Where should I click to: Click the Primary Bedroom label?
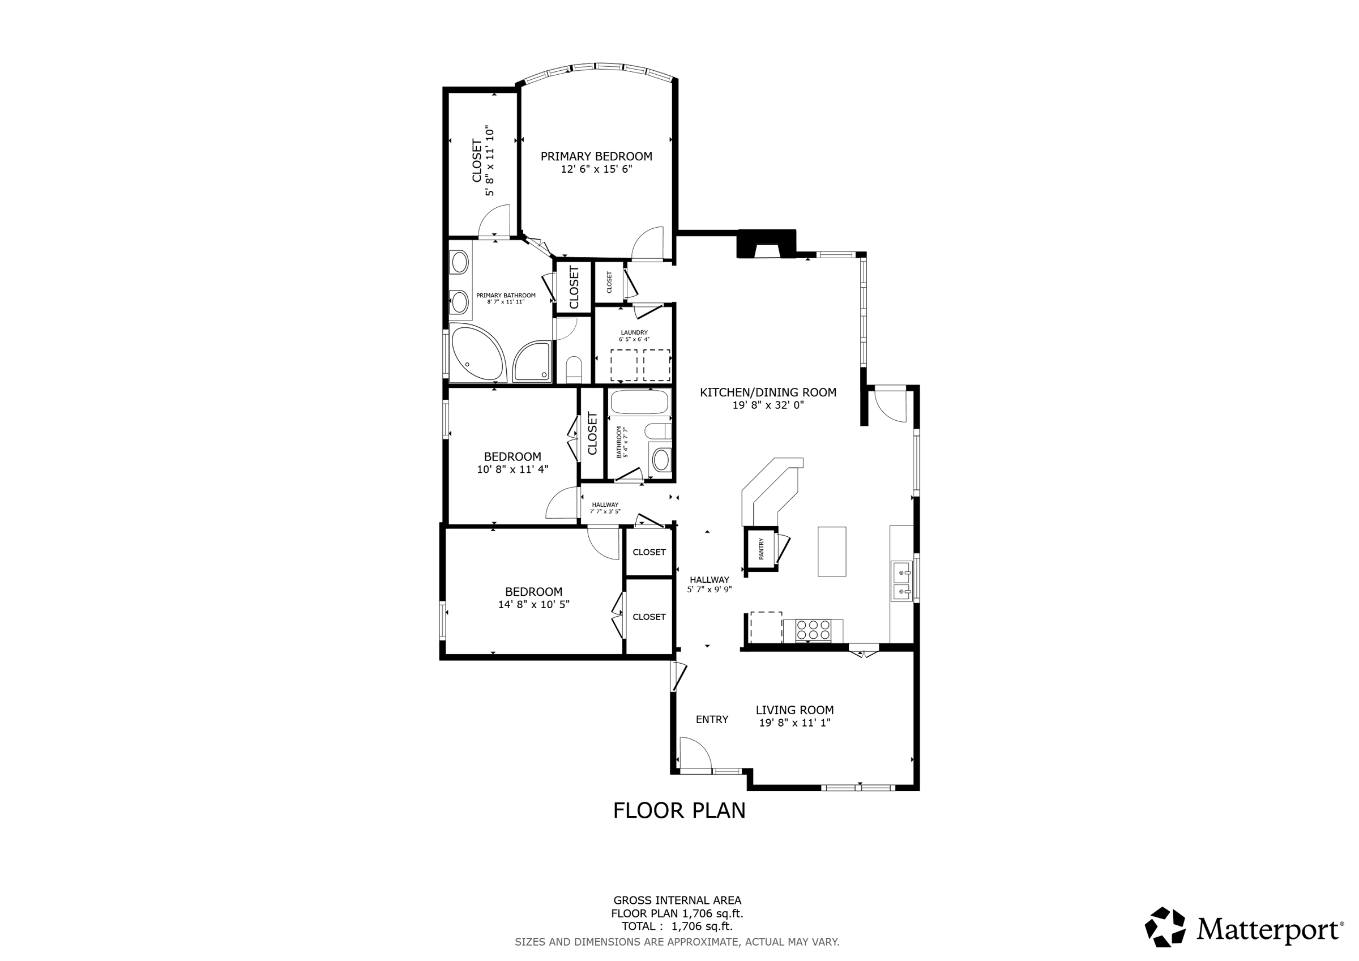(596, 156)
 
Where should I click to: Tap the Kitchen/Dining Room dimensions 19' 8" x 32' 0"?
(768, 405)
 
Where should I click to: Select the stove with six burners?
(813, 631)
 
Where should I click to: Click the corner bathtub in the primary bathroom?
(478, 354)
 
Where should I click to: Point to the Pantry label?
(761, 548)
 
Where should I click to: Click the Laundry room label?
(634, 333)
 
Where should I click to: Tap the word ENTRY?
(712, 719)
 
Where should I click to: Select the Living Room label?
(795, 710)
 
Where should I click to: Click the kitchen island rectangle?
(832, 551)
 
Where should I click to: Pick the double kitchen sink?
(902, 582)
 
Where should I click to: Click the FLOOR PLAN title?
(679, 810)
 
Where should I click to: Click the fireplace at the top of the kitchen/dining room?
(767, 244)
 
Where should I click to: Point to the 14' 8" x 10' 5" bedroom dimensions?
(534, 605)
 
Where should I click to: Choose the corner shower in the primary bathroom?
(532, 361)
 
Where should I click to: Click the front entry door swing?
(695, 753)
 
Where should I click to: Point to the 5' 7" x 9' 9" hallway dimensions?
(710, 590)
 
